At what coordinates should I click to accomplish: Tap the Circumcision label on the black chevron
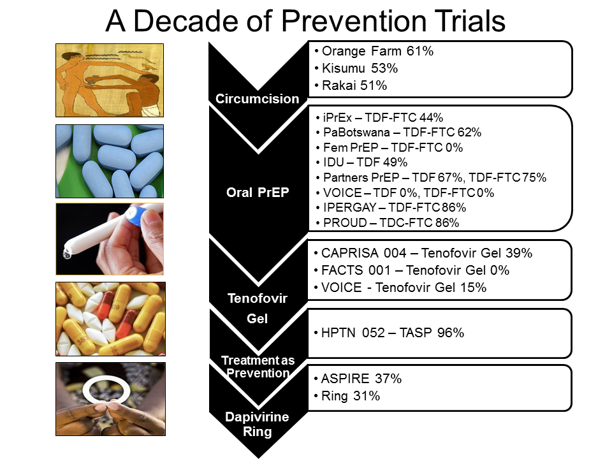(x=257, y=99)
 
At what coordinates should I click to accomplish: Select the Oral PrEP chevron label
(x=258, y=193)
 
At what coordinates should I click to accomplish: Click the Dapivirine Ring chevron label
(x=257, y=425)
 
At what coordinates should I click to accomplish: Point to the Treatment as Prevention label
(x=258, y=367)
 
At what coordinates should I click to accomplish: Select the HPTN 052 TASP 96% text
(x=393, y=333)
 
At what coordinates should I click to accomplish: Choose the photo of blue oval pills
(x=110, y=161)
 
